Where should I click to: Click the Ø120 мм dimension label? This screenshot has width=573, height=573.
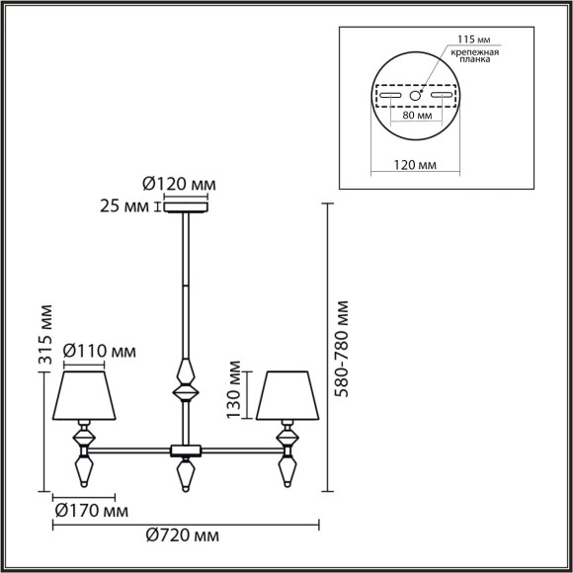click(x=179, y=185)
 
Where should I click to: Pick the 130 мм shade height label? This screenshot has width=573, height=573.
click(x=235, y=390)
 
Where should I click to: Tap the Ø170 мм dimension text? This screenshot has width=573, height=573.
click(x=90, y=512)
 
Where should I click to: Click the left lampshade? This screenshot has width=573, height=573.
click(x=86, y=395)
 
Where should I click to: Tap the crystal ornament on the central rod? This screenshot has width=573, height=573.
click(x=186, y=380)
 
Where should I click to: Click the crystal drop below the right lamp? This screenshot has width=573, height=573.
click(x=288, y=466)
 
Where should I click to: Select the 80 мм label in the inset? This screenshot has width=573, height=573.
click(x=415, y=115)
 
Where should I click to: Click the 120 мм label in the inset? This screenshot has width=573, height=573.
click(x=415, y=166)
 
